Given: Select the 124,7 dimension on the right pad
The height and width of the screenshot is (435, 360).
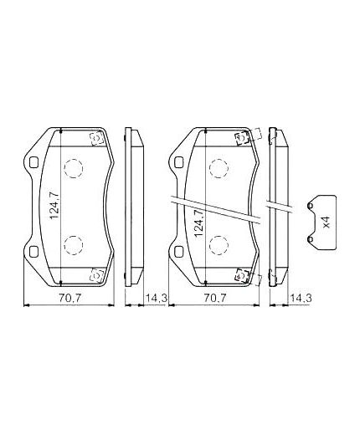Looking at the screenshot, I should coord(198,224).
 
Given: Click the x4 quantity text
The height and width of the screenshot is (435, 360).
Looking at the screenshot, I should coord(327,222).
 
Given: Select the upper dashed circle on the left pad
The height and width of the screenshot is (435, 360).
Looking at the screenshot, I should coord(75,169).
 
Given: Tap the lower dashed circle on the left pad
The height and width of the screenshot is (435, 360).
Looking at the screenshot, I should coord(75,243).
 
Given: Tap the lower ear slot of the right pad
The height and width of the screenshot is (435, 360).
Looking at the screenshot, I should coord(177,253).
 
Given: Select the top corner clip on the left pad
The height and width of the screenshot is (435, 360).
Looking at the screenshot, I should coord(96,139).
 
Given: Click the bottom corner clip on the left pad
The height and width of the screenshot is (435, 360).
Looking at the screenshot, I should coord(96,272).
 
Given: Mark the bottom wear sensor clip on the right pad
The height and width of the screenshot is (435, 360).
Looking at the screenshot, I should coord(244,274).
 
